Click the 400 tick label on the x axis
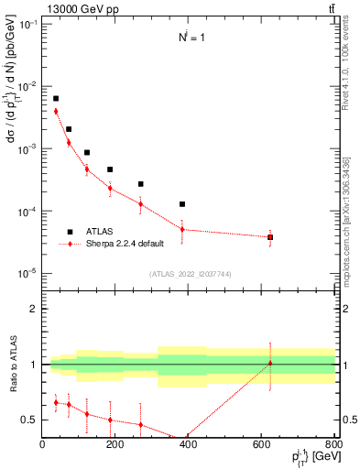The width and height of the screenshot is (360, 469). [188, 446]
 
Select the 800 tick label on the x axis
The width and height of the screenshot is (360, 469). [333, 446]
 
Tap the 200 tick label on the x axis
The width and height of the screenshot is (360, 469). [115, 446]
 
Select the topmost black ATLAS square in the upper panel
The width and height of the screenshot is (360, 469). [56, 98]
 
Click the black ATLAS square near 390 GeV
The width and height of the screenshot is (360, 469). [182, 204]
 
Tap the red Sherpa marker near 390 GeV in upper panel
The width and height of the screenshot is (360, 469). [182, 230]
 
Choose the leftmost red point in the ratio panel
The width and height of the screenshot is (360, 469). [56, 402]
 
